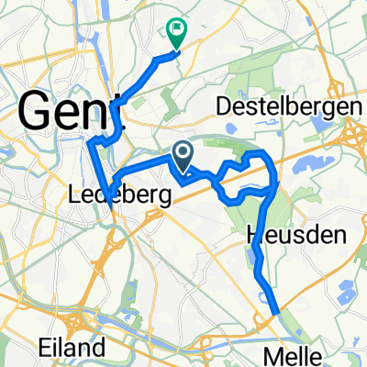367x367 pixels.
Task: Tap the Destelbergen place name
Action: click(284, 107)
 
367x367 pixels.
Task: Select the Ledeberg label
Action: click(107, 195)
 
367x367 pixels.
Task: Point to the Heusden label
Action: click(295, 236)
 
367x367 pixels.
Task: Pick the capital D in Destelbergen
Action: click(223, 107)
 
